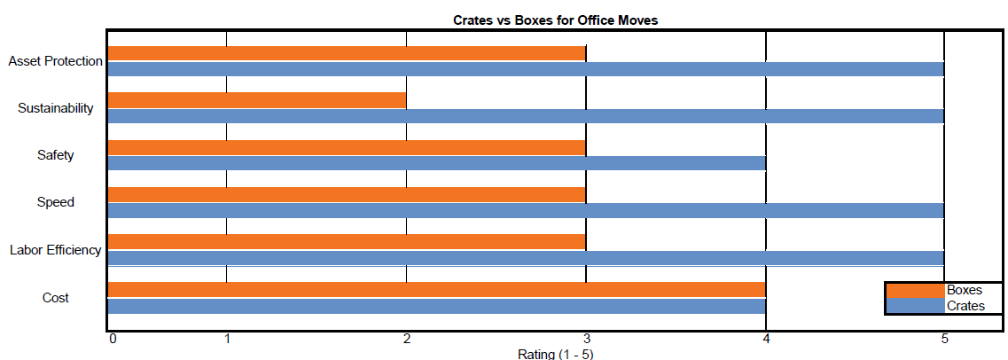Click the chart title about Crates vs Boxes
(556, 20)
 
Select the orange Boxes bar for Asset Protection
(346, 53)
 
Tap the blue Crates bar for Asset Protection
(525, 69)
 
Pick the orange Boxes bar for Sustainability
(256, 100)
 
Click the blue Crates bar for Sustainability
(525, 116)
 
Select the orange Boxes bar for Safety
(346, 147)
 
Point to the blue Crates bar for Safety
(435, 163)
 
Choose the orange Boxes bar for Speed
(346, 194)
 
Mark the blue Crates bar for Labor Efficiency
(525, 257)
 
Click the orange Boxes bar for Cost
(435, 289)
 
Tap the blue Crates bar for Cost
(435, 306)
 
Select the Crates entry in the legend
(965, 306)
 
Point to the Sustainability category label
(56, 108)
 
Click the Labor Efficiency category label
(56, 250)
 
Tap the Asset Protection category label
(56, 61)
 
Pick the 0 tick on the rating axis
(112, 339)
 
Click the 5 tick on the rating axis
(944, 339)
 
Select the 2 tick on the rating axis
(406, 339)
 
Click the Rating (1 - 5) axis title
(556, 354)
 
